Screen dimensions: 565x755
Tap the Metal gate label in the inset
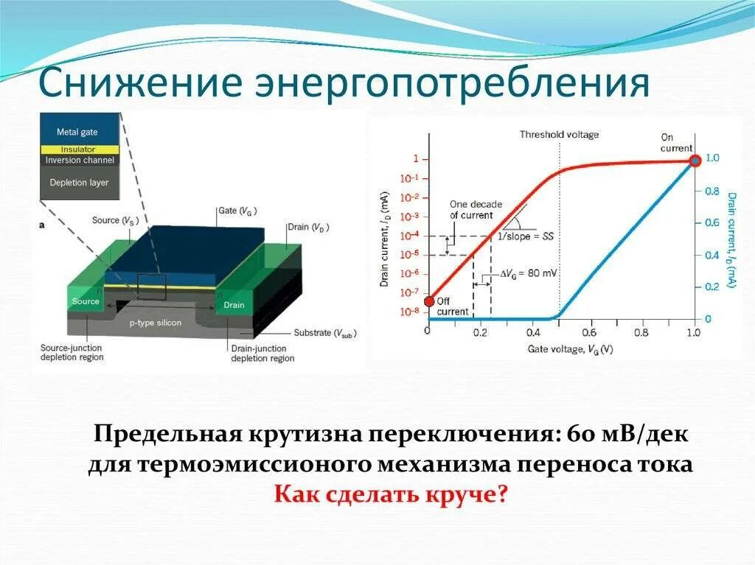click(x=77, y=132)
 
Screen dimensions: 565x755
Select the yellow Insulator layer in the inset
click(x=79, y=150)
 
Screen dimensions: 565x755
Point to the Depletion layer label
click(x=79, y=182)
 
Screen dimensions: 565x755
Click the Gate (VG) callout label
click(x=237, y=210)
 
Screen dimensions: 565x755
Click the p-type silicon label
click(x=156, y=323)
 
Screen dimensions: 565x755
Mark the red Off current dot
click(x=429, y=300)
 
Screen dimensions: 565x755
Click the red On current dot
click(x=694, y=161)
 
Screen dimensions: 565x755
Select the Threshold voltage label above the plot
click(x=559, y=135)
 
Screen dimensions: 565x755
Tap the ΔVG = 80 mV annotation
click(x=529, y=273)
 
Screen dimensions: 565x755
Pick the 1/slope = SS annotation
click(x=526, y=236)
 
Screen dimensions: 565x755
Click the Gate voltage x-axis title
click(x=569, y=348)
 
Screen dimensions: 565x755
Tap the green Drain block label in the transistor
click(x=234, y=305)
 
